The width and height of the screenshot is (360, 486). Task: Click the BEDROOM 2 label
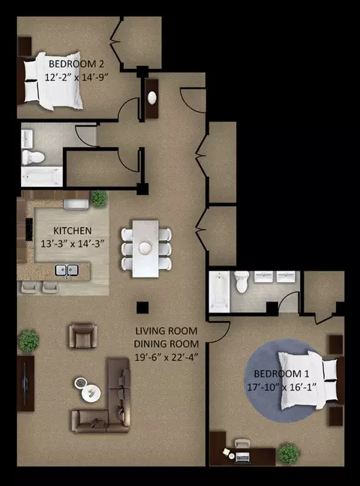coord(76,64)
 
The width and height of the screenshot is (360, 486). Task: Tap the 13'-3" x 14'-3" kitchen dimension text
coord(72,244)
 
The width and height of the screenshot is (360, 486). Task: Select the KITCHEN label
coord(72,231)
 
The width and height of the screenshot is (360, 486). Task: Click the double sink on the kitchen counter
coord(67,270)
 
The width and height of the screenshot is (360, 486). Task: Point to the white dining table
coord(145,248)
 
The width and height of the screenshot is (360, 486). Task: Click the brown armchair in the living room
coord(83,335)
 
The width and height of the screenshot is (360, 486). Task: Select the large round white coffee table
coord(91,394)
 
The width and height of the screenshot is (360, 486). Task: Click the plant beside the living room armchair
coord(28,341)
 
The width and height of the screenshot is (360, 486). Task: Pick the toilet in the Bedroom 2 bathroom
coord(33,157)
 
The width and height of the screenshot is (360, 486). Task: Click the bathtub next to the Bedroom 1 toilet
coord(220,292)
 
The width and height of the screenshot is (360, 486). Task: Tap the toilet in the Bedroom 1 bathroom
coord(241,282)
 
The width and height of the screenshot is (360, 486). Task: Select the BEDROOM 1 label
coord(281,373)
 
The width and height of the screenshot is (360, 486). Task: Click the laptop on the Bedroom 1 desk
coord(242,457)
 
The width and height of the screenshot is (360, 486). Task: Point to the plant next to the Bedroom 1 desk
coord(289,454)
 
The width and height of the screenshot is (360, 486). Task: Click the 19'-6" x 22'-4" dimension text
coord(166,357)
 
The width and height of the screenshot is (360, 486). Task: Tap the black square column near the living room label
coord(142,307)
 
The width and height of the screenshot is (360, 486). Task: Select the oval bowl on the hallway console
coord(152,98)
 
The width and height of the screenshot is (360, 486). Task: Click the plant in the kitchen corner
coord(99,198)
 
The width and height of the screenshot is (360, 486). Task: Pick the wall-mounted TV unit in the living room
coord(25,383)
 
